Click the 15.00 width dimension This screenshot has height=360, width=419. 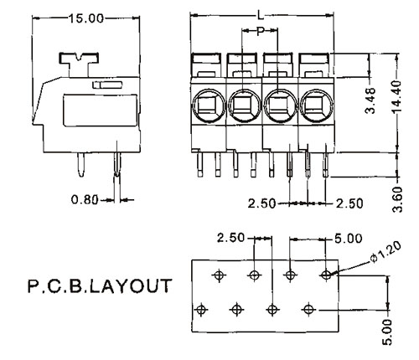(x=86, y=18)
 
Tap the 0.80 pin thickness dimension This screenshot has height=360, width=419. (x=85, y=200)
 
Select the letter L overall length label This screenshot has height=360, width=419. (x=261, y=14)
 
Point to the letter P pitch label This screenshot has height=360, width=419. (x=261, y=31)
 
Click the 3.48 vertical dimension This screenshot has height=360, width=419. (x=370, y=100)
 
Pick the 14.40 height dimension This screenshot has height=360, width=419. (x=396, y=96)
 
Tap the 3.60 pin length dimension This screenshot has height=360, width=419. (x=397, y=199)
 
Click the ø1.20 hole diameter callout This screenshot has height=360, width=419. (x=386, y=252)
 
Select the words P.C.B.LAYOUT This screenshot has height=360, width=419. (x=100, y=286)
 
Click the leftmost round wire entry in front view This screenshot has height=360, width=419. (x=208, y=105)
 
